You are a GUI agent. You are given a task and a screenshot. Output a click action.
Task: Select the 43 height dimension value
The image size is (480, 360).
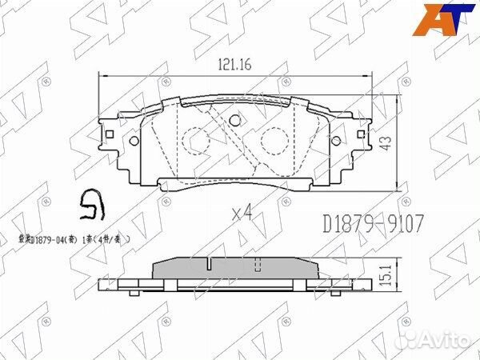pos(386,144)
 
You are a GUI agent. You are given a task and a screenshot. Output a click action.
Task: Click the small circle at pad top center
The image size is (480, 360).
pos(235,121)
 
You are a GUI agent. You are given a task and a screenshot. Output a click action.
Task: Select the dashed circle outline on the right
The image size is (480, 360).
pos(274,144)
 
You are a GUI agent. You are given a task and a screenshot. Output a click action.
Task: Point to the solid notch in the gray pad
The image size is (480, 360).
pos(206,263)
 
